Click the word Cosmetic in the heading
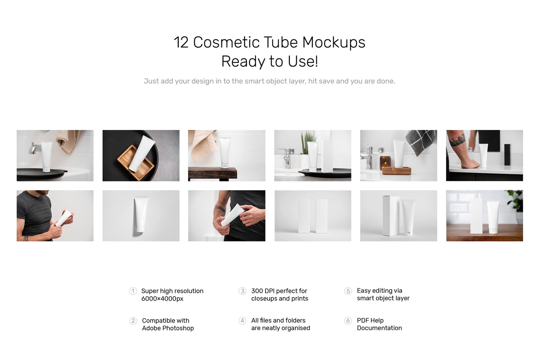point(226,42)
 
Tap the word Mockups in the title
point(334,42)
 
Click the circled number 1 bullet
point(133,291)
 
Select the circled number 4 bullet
point(242,321)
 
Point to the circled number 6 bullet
point(348,321)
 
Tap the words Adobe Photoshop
point(168,328)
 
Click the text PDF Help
point(370,320)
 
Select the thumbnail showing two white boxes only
point(313,216)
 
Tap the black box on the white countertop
point(507,155)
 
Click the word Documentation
point(379,328)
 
